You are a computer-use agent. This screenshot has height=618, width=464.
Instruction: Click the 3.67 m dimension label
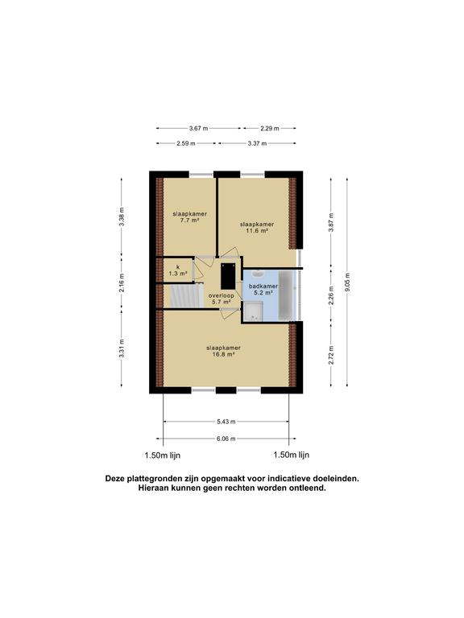[x=198, y=128]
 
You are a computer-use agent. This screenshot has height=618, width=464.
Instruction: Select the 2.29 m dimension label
[x=270, y=128]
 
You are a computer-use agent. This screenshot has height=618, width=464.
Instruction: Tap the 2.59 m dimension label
[x=186, y=143]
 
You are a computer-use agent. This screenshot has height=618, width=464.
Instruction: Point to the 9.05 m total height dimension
[x=347, y=282]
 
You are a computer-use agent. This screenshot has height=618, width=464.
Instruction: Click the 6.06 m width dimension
[x=226, y=439]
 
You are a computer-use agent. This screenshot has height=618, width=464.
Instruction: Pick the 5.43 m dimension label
[x=226, y=422]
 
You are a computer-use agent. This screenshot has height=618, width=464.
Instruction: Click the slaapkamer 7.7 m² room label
[x=190, y=217]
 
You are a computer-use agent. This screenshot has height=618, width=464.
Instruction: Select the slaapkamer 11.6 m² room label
[x=257, y=228]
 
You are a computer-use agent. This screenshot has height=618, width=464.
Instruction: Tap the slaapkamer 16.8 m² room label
[x=223, y=351]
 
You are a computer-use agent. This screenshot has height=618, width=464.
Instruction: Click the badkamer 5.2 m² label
[x=263, y=290]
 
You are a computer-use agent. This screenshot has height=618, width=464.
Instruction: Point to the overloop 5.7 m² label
[x=222, y=299]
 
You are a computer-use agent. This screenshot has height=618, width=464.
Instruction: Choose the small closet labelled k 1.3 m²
[x=178, y=270]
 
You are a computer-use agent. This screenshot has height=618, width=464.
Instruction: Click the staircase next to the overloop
[x=186, y=296]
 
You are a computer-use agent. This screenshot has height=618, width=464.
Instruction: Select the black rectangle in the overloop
[x=228, y=276]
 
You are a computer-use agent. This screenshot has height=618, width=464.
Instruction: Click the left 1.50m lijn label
[x=163, y=455]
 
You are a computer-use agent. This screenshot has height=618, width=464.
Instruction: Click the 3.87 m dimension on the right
[x=331, y=222]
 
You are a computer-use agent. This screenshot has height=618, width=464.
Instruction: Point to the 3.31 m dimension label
[x=122, y=348]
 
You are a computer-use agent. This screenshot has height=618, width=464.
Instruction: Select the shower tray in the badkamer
[x=253, y=311]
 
